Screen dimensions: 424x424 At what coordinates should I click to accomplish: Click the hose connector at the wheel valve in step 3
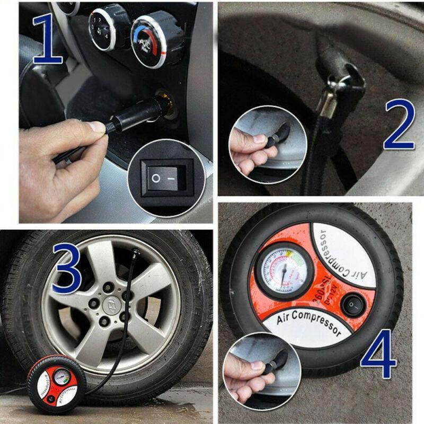[136, 258]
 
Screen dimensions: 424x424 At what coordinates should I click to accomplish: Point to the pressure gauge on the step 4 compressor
[284, 271]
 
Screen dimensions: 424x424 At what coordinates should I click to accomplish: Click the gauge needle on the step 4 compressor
[284, 276]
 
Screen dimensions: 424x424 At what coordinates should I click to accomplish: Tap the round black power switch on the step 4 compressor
[351, 305]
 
